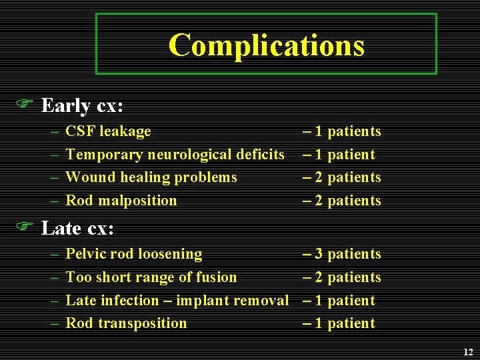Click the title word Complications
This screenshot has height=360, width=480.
266,45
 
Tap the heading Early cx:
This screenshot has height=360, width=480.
83,105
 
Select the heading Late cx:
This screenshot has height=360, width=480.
77,229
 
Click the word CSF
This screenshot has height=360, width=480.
79,131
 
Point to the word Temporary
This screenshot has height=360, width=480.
104,155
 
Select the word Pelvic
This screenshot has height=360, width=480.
86,254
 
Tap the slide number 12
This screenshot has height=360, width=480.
467,352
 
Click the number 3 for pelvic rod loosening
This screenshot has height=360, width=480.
319,254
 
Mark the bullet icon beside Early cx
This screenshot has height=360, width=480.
25,104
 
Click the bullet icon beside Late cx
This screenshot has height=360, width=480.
25,227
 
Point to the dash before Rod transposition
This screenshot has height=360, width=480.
53,323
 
